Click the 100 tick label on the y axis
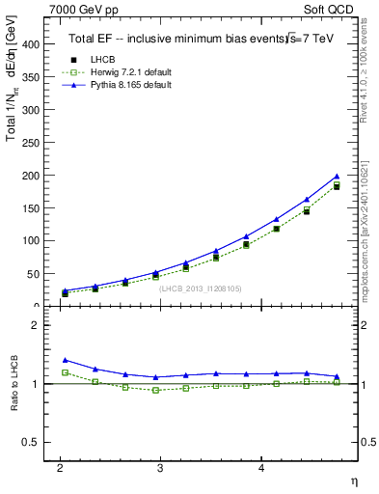(32, 241)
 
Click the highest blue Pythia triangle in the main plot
(337, 177)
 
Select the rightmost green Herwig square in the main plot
(337, 185)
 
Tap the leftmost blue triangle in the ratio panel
(66, 360)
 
